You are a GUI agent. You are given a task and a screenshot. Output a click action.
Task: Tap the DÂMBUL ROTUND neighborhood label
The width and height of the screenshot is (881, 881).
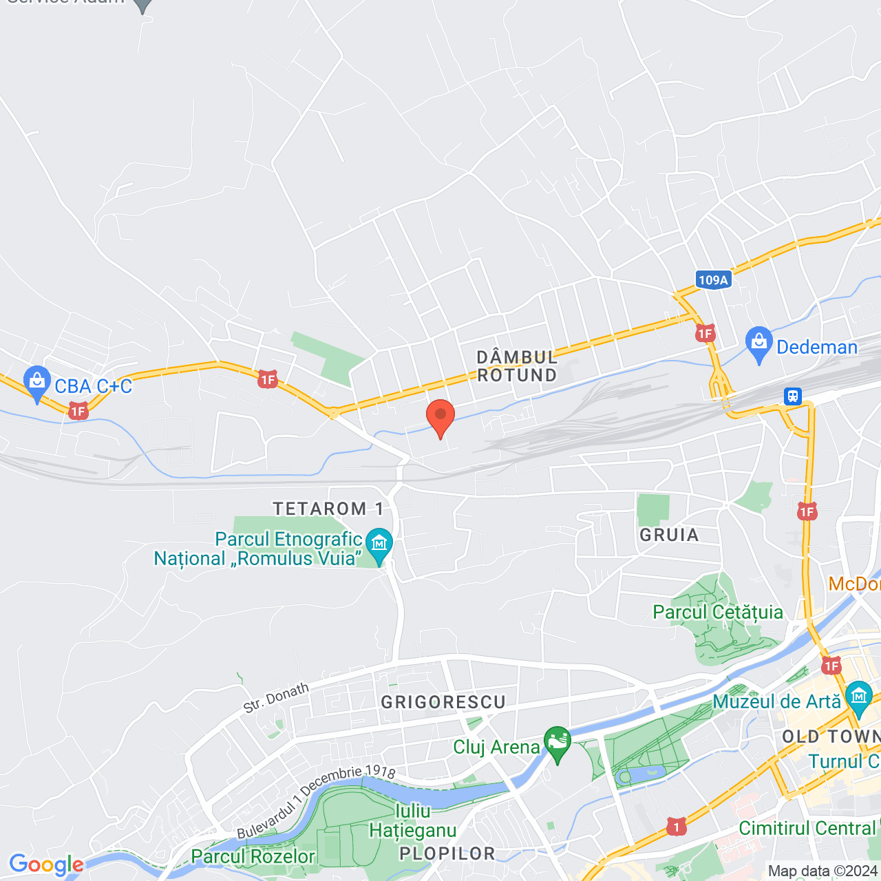[x=517, y=366]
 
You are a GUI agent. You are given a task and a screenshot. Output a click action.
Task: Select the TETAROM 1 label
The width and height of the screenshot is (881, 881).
[x=328, y=509]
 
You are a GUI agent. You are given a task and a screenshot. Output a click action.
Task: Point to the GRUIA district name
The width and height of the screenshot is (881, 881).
[x=669, y=535]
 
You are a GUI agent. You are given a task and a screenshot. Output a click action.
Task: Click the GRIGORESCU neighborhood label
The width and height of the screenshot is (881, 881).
[x=443, y=702]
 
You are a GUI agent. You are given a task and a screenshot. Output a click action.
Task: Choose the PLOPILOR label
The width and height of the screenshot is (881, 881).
[x=447, y=853]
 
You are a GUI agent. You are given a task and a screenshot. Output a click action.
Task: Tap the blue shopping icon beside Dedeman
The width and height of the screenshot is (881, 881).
[x=758, y=343]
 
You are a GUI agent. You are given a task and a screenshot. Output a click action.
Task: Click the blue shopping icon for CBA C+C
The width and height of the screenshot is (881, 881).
[x=36, y=382]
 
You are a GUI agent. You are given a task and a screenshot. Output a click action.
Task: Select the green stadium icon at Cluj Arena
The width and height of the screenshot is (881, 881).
[x=557, y=743]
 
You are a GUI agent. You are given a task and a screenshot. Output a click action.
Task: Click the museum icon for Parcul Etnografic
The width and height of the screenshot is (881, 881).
[x=379, y=544]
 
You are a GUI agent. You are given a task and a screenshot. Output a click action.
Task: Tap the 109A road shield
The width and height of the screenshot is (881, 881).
[x=712, y=279]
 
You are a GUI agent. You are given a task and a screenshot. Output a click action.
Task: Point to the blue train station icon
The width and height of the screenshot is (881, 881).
[x=793, y=396]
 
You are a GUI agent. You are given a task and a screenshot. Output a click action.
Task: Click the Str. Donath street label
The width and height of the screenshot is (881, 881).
[x=276, y=698]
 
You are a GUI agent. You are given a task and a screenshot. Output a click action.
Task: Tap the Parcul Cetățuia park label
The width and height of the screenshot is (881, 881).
[x=718, y=612]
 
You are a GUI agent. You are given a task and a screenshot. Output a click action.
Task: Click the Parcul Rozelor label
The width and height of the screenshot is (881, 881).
[x=253, y=856]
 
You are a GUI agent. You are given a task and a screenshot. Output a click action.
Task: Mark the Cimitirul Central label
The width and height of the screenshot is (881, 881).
[x=807, y=827]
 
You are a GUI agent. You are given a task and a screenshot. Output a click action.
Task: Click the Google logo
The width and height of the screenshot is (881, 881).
[x=46, y=864]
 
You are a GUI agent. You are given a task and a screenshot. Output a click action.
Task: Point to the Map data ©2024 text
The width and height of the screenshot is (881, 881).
[x=822, y=871]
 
